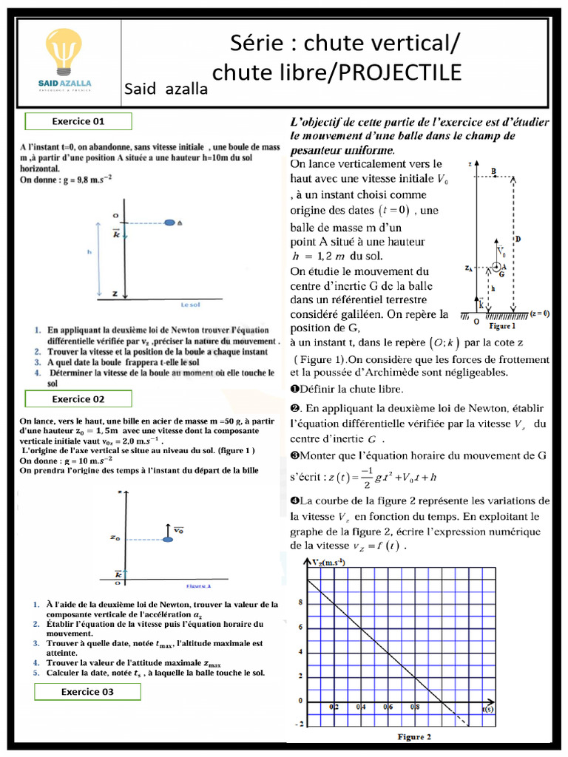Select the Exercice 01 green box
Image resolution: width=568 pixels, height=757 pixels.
tap(78, 121)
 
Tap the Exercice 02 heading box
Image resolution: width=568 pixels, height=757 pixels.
tap(78, 399)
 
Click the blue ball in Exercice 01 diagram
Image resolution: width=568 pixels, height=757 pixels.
tap(169, 222)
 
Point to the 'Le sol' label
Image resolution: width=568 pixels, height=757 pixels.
tap(190, 304)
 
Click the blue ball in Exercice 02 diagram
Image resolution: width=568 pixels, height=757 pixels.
tap(169, 540)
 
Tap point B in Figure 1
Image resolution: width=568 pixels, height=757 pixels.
tap(494, 172)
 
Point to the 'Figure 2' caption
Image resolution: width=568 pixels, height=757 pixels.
tap(414, 736)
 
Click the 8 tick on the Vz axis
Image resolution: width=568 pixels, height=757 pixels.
tap(300, 602)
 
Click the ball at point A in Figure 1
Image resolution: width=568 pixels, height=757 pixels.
tap(496, 266)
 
